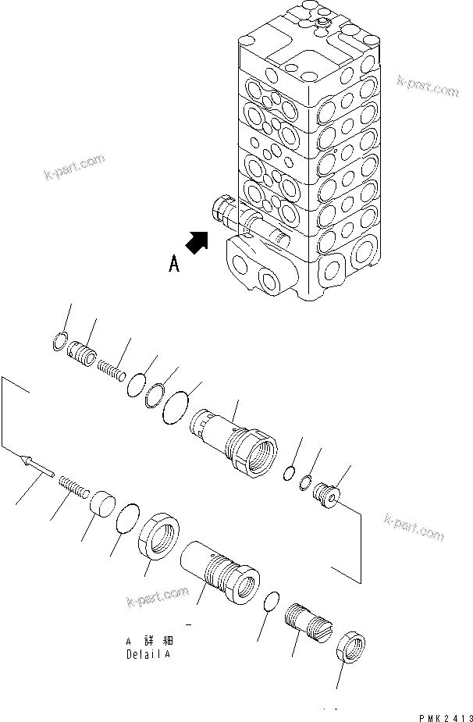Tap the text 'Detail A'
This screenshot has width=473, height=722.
click(148, 654)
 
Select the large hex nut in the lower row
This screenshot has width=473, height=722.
click(162, 537)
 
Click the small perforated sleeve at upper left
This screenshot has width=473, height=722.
click(84, 350)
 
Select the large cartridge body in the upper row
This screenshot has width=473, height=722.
click(233, 443)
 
